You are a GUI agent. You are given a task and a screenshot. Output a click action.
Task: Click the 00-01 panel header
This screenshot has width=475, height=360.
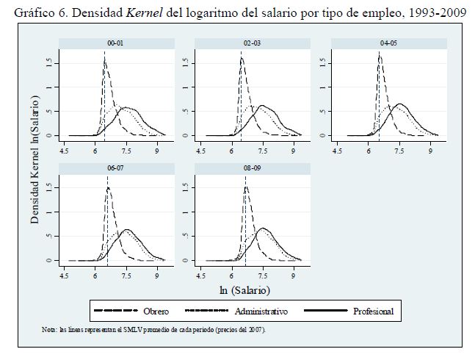point(115,44)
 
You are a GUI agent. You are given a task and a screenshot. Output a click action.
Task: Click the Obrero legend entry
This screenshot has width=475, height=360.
point(151,312)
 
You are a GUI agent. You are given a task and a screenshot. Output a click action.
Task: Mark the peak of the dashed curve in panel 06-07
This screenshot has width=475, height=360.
point(108,188)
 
